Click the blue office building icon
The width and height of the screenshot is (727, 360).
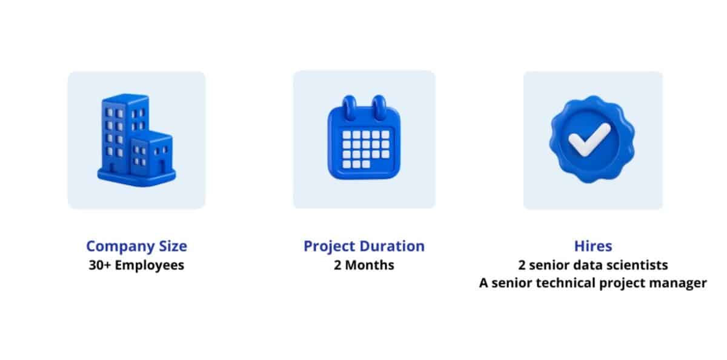pyautogui.click(x=137, y=140)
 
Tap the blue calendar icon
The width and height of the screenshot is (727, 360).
pyautogui.click(x=364, y=138)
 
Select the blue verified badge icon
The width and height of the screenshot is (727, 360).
pyautogui.click(x=592, y=139)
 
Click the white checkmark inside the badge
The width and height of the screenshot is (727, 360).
pyautogui.click(x=589, y=139)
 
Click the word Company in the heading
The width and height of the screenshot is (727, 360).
pyautogui.click(x=120, y=247)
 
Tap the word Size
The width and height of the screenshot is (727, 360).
pyautogui.click(x=173, y=245)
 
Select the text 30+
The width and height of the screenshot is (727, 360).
pyautogui.click(x=100, y=265)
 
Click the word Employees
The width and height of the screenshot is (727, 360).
pyautogui.click(x=150, y=266)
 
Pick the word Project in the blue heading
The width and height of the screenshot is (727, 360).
pyautogui.click(x=327, y=247)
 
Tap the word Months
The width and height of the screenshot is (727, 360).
pyautogui.click(x=370, y=265)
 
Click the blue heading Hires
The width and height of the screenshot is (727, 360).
pyautogui.click(x=593, y=245)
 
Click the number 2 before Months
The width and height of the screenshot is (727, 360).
pyautogui.click(x=337, y=265)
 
